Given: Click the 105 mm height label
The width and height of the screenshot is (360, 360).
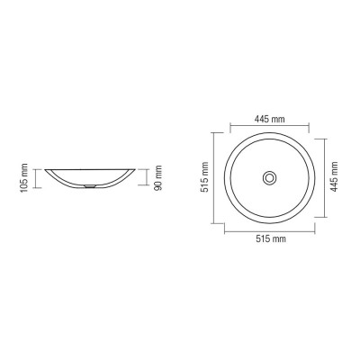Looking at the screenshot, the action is coord(24,177).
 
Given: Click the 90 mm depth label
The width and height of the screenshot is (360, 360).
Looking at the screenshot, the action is coord(158,177).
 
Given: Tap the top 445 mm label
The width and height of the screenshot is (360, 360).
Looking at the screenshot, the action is coord(270,119).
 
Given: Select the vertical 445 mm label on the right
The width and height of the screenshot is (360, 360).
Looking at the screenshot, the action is coord(334,176).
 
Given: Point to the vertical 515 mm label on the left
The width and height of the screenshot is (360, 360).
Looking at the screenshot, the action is coord(205,177).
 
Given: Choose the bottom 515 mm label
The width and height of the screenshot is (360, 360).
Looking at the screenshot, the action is coord(271,238).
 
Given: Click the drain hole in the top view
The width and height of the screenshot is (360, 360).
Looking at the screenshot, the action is coord(270,178).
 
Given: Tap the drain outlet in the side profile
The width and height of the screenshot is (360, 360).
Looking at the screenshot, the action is coord(90,186).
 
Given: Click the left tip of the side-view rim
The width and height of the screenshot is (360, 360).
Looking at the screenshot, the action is coord(45,170).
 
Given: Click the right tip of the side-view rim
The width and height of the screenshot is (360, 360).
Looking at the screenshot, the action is coord(135,170).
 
